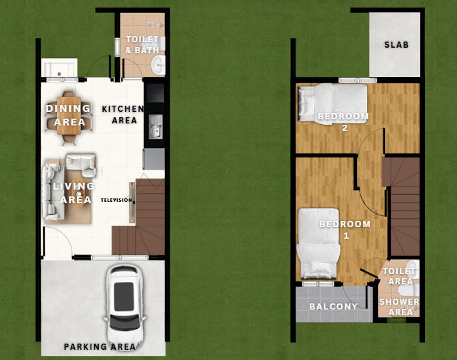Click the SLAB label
[x=396, y=45]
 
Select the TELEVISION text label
[x=116, y=200]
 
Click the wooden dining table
[x=69, y=115]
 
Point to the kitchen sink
[x=155, y=127]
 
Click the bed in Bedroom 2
[x=332, y=104]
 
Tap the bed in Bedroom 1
[x=318, y=243]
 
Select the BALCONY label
[x=333, y=306]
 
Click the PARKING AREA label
[x=99, y=346]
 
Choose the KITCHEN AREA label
[x=123, y=115]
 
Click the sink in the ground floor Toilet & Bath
[x=159, y=65]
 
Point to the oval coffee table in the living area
[x=78, y=192]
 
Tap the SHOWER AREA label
[x=399, y=307]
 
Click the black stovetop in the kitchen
[x=155, y=93]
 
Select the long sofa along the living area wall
[x=52, y=192]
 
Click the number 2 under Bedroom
[x=345, y=128]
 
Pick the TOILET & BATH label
[x=142, y=44]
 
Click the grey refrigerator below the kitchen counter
[x=154, y=159]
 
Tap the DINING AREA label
[x=69, y=115]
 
